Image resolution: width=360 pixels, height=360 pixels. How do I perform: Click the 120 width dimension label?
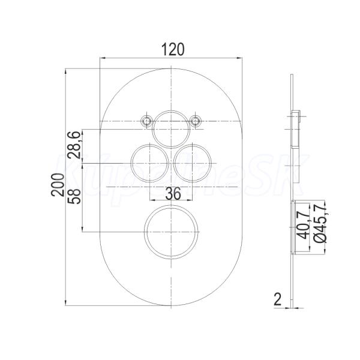[x=173, y=49]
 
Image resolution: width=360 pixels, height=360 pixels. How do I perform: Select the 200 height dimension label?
[x=58, y=185]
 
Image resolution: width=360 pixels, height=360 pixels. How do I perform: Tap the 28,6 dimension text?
[x=74, y=145]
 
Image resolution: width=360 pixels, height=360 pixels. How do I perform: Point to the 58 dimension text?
[x=74, y=196]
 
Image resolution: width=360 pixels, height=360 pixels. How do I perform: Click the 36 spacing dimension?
[x=173, y=194]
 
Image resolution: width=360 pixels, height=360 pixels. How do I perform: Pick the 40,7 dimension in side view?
[x=303, y=225]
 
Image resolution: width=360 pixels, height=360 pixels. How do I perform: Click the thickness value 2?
[x=278, y=299]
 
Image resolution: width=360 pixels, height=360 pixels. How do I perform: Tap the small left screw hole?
[x=146, y=121]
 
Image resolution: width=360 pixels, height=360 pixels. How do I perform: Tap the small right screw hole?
[x=195, y=121]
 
